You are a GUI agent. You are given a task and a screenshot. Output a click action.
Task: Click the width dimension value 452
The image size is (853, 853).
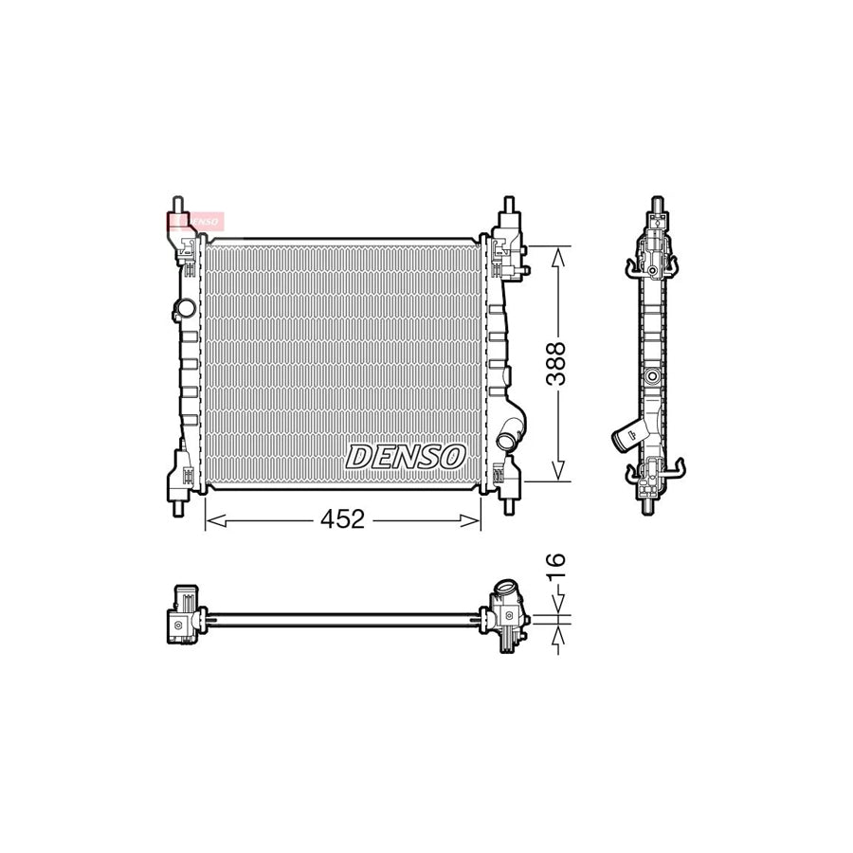pyautogui.click(x=344, y=519)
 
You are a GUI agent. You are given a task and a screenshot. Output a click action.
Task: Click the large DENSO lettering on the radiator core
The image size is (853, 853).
pyautogui.click(x=405, y=456)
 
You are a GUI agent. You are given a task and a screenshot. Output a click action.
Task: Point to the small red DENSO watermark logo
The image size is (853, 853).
pyautogui.click(x=194, y=221)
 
